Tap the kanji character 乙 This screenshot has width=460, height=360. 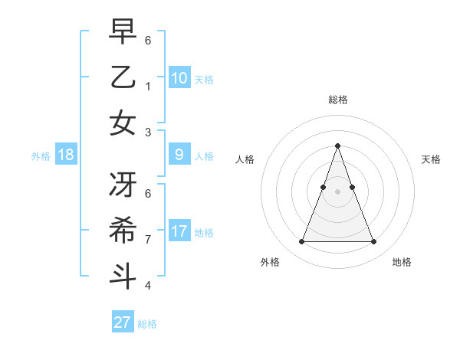click(123, 78)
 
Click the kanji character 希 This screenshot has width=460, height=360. click(123, 231)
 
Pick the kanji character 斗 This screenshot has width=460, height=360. click(123, 275)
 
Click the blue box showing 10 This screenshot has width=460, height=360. click(179, 77)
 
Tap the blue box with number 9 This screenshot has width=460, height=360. click(179, 155)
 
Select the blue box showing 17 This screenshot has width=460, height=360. click(179, 231)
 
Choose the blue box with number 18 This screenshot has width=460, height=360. click(66, 155)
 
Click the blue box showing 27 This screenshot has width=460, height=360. click(123, 322)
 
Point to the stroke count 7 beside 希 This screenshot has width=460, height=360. click(148, 240)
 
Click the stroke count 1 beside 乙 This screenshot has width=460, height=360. click(148, 87)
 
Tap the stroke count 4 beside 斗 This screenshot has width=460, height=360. click(148, 286)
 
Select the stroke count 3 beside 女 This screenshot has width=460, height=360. click(148, 132)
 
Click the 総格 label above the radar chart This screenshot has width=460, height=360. click(337, 100)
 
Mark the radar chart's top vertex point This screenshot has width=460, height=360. click(337, 146)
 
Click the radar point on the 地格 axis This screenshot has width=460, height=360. click(373, 242)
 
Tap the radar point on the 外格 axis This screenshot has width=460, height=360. click(301, 242)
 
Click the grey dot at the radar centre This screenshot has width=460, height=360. click(337, 191)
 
